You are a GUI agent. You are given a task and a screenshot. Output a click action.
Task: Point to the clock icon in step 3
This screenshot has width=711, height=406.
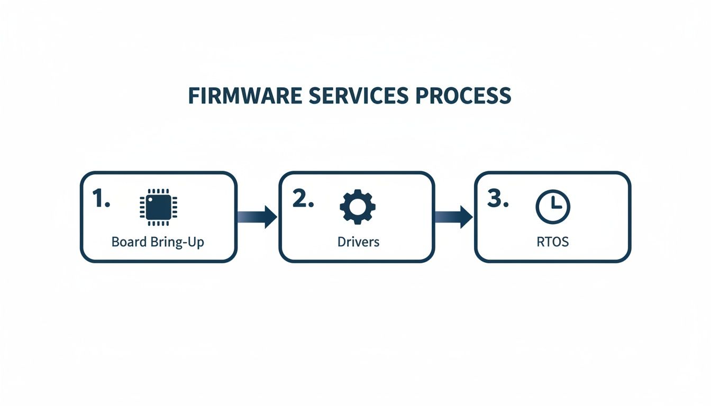[553, 207]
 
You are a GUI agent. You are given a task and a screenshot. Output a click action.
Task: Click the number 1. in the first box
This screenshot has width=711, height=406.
[101, 199]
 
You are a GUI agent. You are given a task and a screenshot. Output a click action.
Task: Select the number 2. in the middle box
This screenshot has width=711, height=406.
[303, 199]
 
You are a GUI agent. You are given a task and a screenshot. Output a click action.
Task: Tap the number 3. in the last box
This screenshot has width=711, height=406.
[497, 199]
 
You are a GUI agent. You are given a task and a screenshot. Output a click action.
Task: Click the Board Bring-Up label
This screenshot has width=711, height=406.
[158, 242]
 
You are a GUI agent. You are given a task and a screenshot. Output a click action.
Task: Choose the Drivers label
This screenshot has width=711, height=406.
[358, 242]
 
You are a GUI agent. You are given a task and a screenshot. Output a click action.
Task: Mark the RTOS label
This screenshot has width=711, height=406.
[553, 242]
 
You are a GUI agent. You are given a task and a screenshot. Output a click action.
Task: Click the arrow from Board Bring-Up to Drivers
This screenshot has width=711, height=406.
[257, 217]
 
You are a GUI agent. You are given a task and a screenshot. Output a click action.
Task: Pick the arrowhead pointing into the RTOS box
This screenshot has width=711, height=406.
[466, 217]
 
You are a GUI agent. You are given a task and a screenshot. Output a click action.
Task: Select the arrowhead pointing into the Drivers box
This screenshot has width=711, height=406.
[270, 217]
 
